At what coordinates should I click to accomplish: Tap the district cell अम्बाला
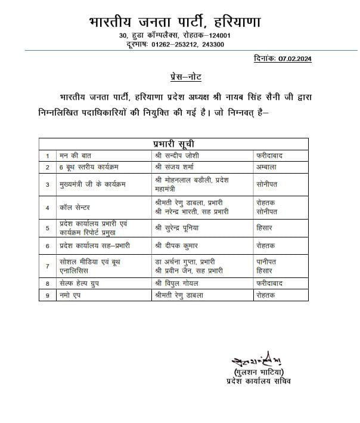(266, 167)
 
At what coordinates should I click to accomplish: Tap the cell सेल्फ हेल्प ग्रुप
(79, 285)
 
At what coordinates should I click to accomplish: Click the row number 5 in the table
(46, 227)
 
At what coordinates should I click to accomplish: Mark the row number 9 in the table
(46, 295)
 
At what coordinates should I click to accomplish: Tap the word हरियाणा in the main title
(236, 22)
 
